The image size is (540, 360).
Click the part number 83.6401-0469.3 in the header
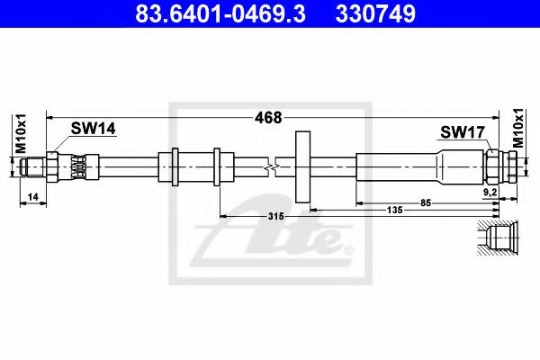[x=220, y=13]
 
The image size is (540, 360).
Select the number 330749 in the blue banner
[x=375, y=13]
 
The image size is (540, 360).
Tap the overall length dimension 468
[x=268, y=118]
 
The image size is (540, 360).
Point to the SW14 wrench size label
[x=94, y=129]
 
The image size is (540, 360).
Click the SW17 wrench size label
[x=463, y=132]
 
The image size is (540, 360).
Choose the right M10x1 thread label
[x=518, y=128]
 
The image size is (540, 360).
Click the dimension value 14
[x=33, y=197]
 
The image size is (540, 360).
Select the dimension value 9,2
[x=490, y=193]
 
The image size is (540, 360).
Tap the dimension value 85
[x=426, y=203]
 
